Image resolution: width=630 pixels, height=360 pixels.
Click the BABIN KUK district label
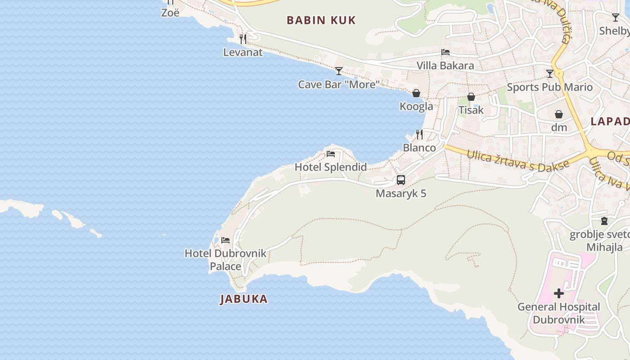[x=321, y=20]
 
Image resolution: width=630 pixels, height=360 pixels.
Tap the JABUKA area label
[x=244, y=299]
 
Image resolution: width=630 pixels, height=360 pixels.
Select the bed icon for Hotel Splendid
[x=331, y=154]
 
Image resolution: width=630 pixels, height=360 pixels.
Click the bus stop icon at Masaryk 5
[x=400, y=180]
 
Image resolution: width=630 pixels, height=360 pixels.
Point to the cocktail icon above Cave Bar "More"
[x=339, y=71]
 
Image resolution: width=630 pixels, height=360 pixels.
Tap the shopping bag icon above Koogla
[x=416, y=93]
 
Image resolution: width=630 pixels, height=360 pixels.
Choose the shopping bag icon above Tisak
[x=471, y=97]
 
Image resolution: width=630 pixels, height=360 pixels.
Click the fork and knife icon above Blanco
[x=419, y=134]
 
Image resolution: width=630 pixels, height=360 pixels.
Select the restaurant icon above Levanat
[x=243, y=39]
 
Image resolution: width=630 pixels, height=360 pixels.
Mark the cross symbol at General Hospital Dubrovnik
[x=559, y=293]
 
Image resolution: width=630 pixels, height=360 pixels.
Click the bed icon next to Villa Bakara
[x=445, y=52]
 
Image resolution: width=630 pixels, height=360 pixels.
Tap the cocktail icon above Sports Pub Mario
[x=549, y=74]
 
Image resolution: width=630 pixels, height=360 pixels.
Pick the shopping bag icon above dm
[x=559, y=114]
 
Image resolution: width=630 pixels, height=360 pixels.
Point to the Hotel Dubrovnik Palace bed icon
[x=225, y=240]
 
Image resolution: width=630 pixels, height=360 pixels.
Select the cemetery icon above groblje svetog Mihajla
[x=604, y=221]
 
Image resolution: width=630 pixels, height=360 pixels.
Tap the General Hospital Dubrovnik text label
[x=558, y=313]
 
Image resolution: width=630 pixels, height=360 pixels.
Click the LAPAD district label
[x=610, y=121]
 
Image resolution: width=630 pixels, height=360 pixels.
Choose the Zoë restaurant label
[x=171, y=13]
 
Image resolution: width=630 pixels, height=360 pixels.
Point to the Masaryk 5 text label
[x=401, y=193]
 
